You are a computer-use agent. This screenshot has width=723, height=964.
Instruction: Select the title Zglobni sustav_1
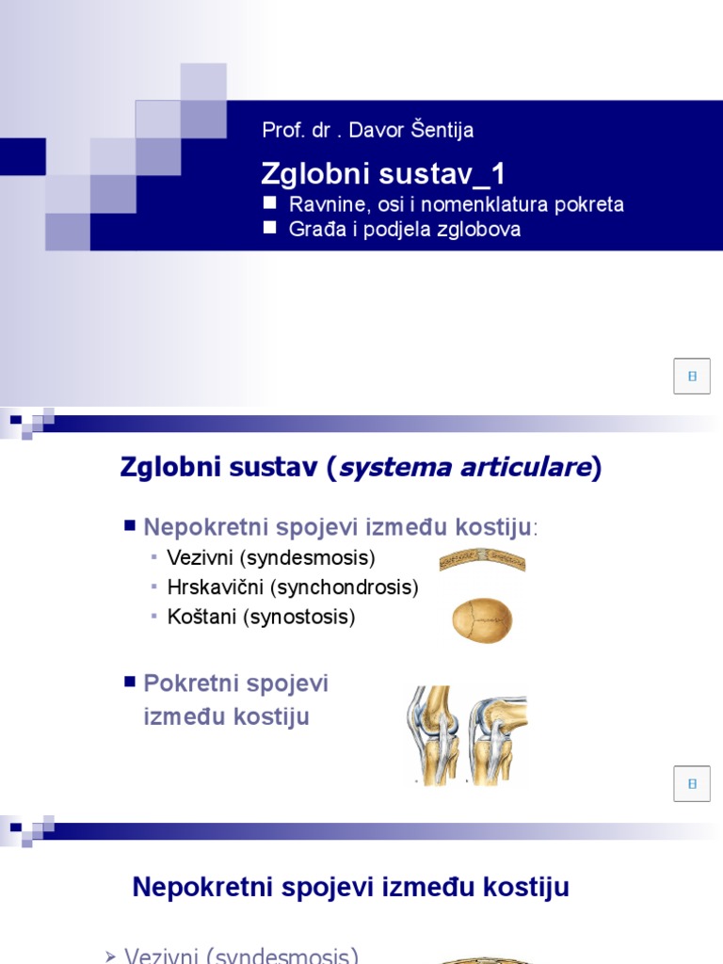383,173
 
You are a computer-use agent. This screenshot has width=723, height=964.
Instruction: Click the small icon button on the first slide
692,376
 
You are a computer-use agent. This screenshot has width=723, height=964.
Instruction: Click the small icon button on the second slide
692,783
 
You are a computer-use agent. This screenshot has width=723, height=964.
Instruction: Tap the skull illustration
482,620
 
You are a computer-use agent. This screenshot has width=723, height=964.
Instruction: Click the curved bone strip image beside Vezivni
482,561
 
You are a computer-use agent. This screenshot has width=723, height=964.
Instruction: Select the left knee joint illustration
432,734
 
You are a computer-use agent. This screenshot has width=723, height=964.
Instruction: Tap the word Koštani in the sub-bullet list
201,618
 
